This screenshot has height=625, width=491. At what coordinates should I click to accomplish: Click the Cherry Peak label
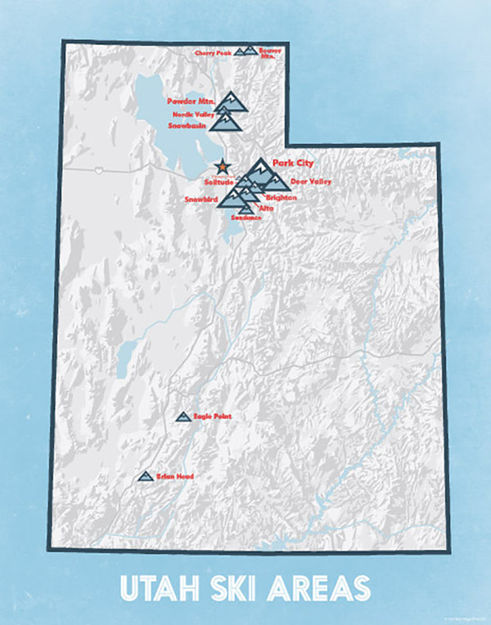pos(214,53)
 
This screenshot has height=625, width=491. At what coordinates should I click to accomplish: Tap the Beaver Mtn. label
pos(270,52)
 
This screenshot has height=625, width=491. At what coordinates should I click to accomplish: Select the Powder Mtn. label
pos(190,101)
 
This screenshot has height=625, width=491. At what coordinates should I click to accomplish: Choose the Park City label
pos(293,163)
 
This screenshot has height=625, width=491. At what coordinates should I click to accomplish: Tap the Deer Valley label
pos(310,181)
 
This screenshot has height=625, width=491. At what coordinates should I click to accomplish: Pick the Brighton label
pos(280,198)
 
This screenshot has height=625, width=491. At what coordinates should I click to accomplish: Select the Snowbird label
pos(200,200)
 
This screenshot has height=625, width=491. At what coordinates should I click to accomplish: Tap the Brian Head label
pos(174,475)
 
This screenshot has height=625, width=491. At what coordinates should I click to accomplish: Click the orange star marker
pos(223,167)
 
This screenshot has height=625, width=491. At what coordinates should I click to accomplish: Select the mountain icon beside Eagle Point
pos(183,417)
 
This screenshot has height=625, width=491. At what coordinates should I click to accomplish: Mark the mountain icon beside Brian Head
pos(146,475)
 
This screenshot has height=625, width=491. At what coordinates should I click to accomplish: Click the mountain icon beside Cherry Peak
pos(240,52)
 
